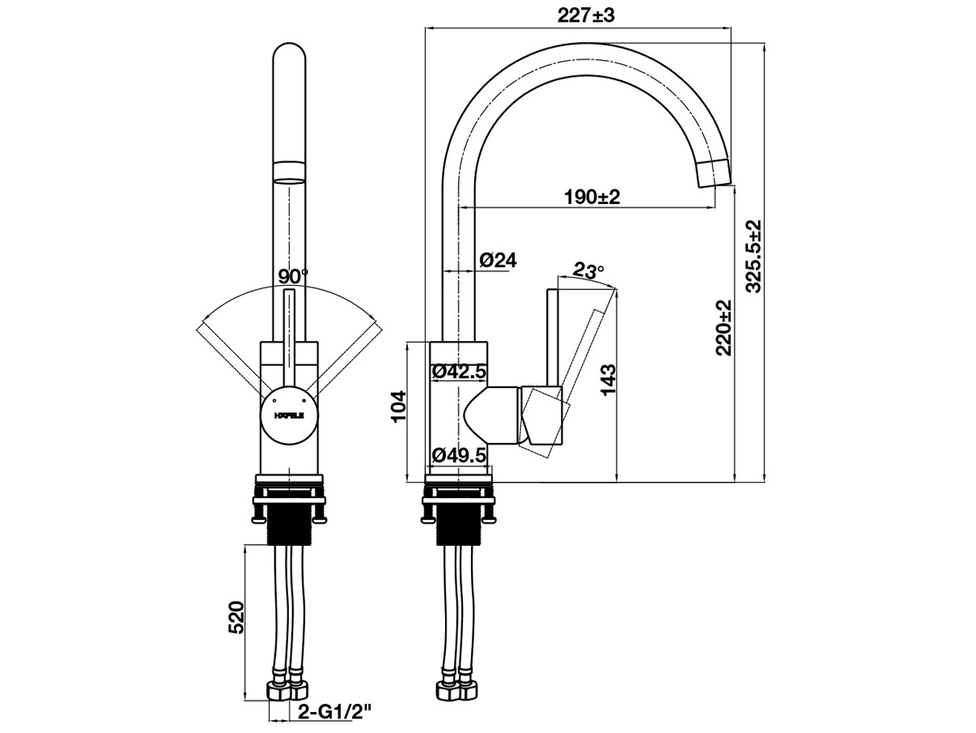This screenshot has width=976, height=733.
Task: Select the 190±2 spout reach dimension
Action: (x=592, y=196)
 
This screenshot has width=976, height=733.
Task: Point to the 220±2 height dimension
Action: (x=724, y=327)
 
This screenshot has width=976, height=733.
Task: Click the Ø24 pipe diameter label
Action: (x=498, y=260)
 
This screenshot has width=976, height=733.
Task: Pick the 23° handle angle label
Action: (x=588, y=271)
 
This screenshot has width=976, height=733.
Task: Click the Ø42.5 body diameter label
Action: (x=459, y=372)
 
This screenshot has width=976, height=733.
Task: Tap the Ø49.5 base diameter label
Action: (x=459, y=455)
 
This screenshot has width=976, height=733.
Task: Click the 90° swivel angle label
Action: (x=292, y=276)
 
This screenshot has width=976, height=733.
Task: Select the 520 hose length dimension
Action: (x=236, y=618)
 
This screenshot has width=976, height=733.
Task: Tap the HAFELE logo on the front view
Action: (x=288, y=416)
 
